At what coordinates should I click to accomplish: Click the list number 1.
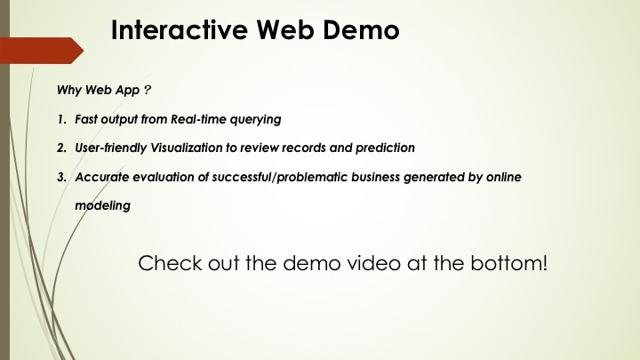(60, 118)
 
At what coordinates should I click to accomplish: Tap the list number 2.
(60, 147)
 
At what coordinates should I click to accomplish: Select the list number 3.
(60, 177)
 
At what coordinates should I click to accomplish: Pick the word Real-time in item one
(197, 118)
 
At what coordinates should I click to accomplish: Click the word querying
(256, 118)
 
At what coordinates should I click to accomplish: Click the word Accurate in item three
(100, 177)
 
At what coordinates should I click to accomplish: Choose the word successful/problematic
(275, 177)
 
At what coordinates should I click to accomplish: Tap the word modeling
(102, 205)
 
